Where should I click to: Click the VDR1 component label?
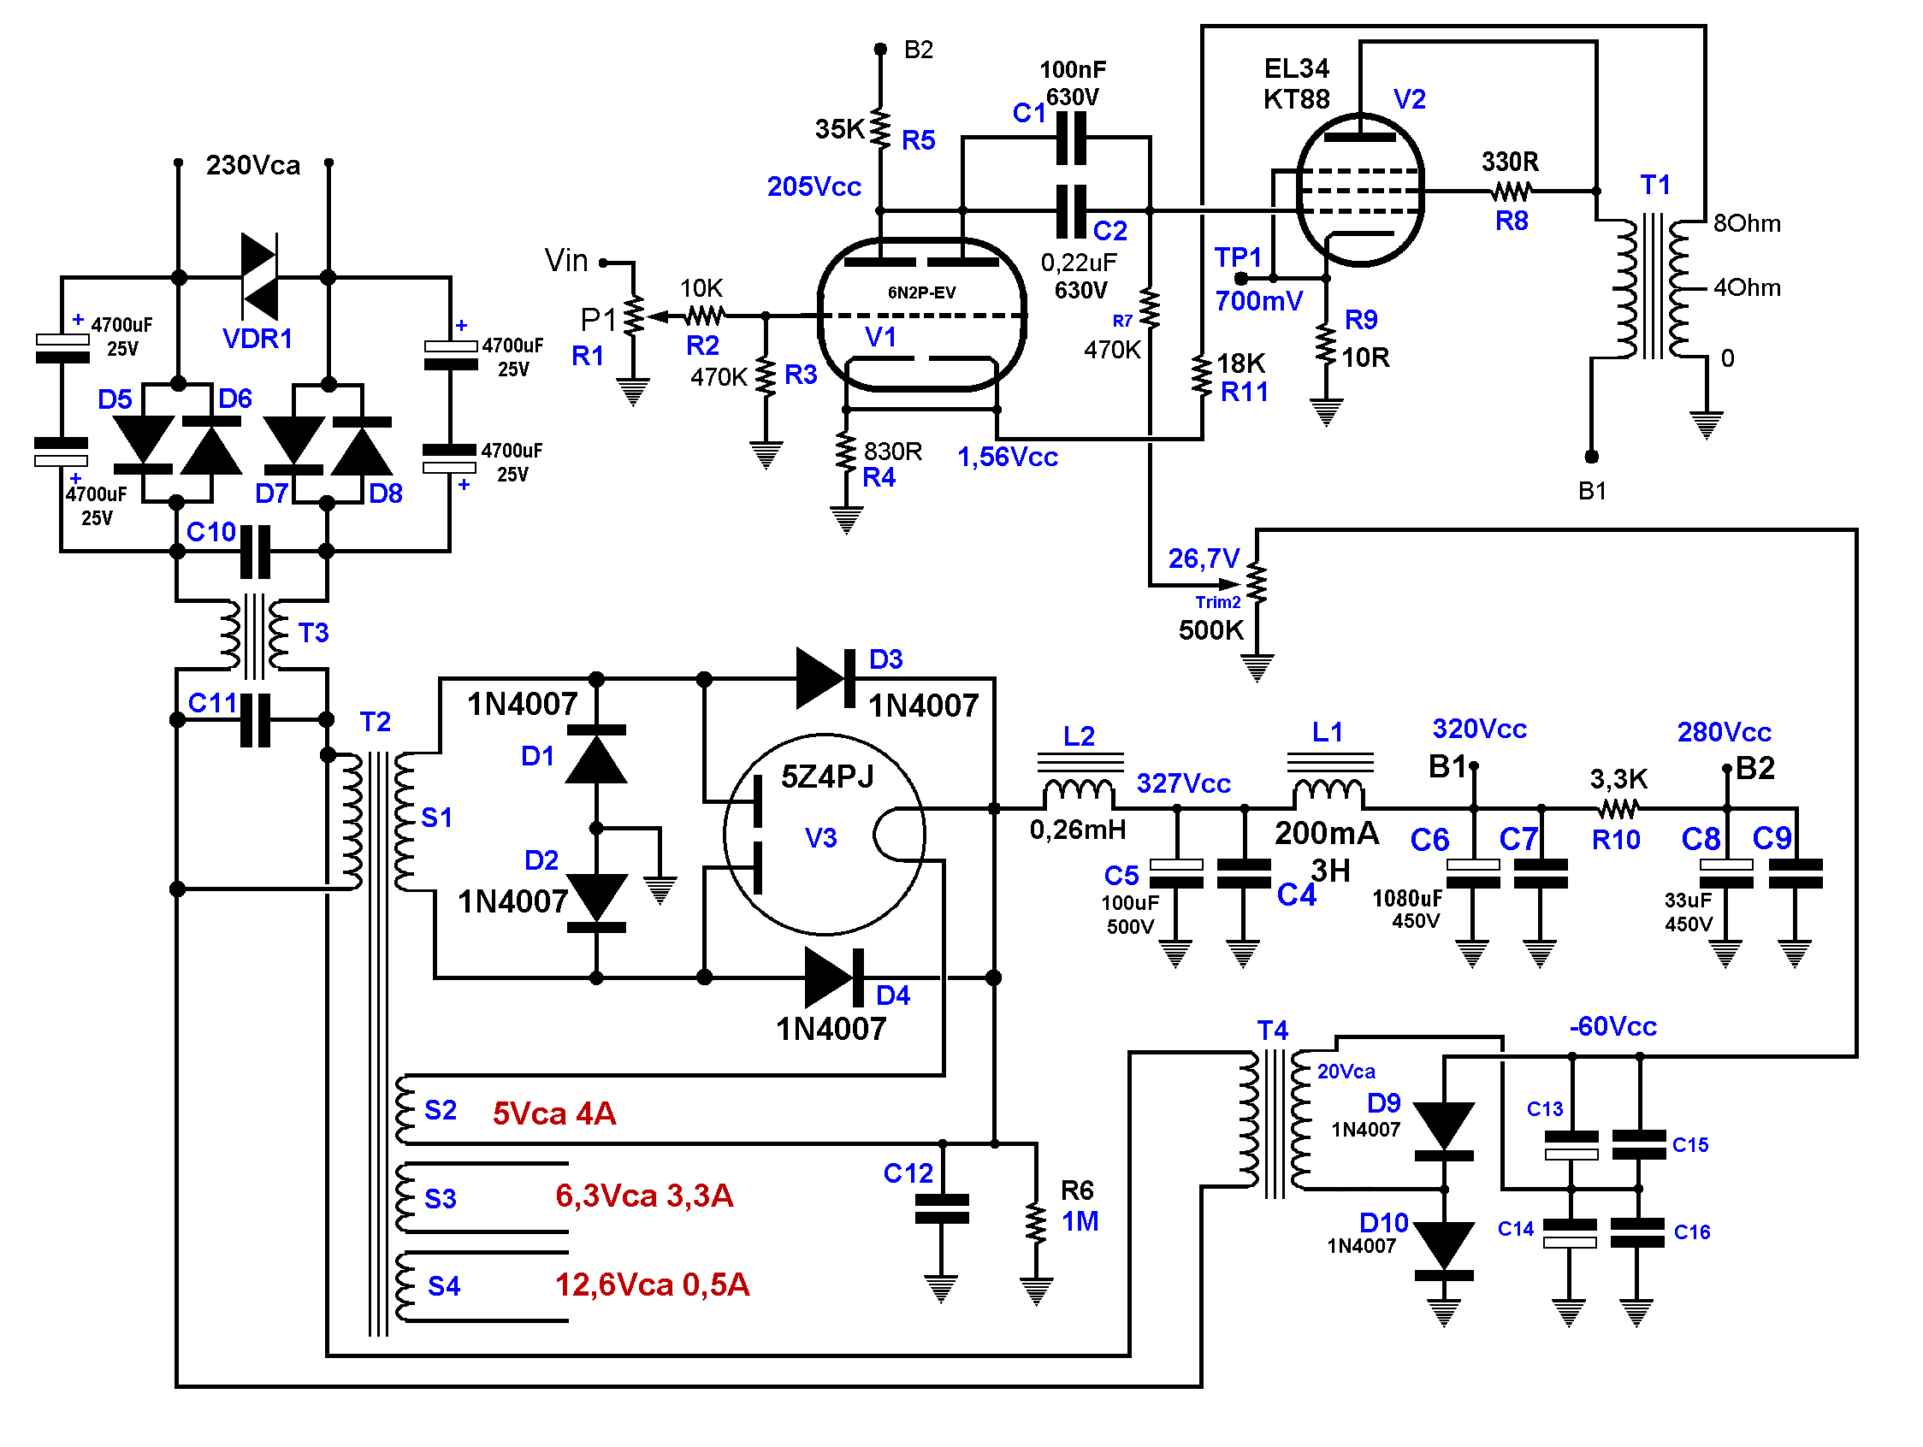pos(257,338)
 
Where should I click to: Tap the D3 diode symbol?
pos(821,678)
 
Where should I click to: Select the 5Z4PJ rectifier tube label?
pos(826,776)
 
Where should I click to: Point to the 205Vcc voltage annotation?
pos(814,186)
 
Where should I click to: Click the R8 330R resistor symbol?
pos(1511,191)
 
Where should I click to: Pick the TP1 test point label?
pos(1237,257)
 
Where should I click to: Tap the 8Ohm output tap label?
pos(1747,223)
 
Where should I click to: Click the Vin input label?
pos(566,260)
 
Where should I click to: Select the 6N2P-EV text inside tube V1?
pos(921,292)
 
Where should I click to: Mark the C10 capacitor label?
pos(211,532)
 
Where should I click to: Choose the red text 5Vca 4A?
pos(554,1113)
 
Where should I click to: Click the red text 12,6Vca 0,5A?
pos(652,1285)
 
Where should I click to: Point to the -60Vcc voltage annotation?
pos(1612,1026)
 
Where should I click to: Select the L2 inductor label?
pos(1079,736)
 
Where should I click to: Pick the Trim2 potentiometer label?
pos(1218,602)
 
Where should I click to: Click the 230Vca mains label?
pos(253,165)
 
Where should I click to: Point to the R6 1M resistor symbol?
pos(1035,1223)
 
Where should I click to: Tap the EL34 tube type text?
pos(1296,68)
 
